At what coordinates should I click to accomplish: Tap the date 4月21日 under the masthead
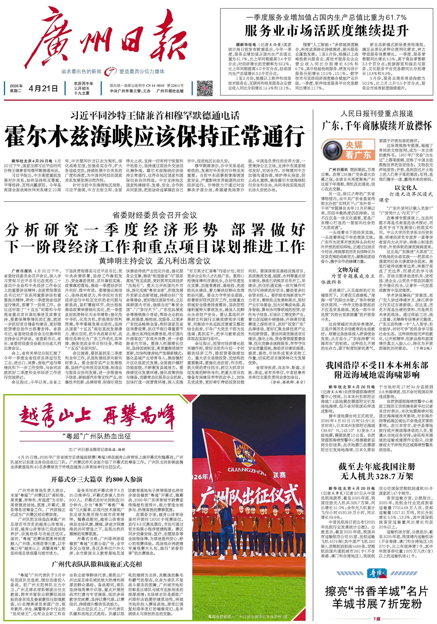click(x=43, y=88)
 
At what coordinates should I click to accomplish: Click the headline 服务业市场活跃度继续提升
click(x=326, y=31)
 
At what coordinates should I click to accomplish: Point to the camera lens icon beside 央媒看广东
click(x=331, y=150)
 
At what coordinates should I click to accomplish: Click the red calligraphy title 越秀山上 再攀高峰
click(x=97, y=415)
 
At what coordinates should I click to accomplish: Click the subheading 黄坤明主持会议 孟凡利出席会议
click(x=154, y=261)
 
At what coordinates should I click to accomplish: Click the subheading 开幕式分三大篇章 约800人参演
click(x=96, y=479)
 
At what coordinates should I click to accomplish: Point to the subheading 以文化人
click(x=406, y=188)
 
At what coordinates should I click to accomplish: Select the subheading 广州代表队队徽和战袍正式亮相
click(x=96, y=564)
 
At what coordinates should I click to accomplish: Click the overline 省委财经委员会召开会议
click(x=154, y=216)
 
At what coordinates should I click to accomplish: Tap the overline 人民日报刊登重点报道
click(x=377, y=113)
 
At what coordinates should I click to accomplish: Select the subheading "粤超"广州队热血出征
click(x=96, y=436)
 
